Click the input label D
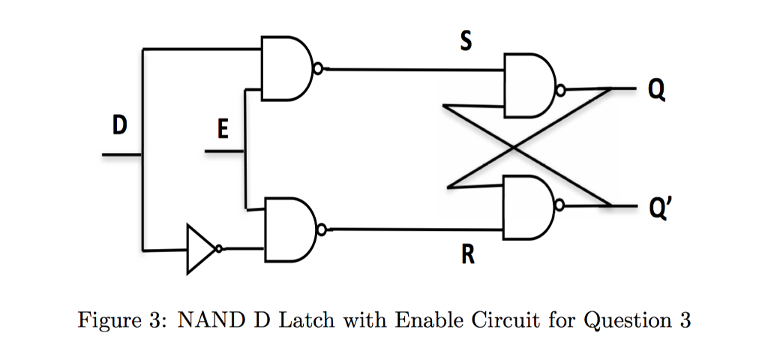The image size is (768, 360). (118, 126)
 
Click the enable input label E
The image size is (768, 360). (221, 131)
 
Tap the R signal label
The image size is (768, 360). (467, 256)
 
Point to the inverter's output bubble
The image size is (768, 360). (218, 249)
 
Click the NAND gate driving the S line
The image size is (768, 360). (285, 68)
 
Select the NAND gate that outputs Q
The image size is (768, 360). (529, 85)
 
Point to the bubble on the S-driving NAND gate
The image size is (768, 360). (319, 69)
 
